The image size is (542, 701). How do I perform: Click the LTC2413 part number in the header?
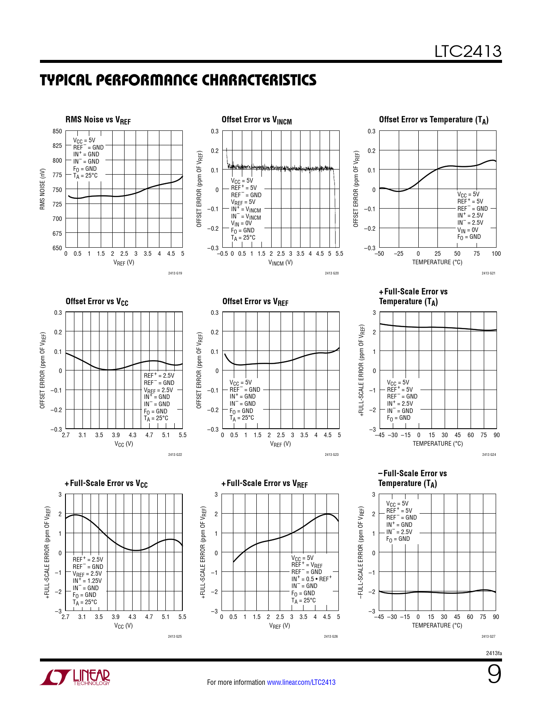point(468,51)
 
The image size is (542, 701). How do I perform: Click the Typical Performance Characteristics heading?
point(178,80)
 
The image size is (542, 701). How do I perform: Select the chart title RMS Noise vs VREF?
point(98,120)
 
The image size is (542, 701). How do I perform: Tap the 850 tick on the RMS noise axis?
point(57,131)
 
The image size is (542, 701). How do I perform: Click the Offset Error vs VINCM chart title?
point(256,120)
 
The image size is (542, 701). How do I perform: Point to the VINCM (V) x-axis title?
point(280,263)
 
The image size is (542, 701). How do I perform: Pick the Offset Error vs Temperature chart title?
point(434,120)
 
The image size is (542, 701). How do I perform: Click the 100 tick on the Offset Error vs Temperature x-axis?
point(496,254)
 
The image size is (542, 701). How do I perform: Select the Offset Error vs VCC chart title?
point(97,302)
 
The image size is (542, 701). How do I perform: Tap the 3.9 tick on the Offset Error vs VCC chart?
point(116,435)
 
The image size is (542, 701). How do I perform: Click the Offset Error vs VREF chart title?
point(255,302)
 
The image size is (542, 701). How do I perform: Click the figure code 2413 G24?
point(489,455)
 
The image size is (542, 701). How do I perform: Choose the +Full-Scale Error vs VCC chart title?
point(106,483)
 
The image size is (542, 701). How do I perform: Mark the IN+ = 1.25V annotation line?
point(87,581)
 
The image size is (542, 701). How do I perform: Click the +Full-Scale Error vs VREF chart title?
point(264,483)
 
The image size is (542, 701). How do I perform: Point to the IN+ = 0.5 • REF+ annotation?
point(311,579)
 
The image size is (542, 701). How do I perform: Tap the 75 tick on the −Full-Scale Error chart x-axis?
point(483,617)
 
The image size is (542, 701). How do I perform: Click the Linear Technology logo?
point(75,677)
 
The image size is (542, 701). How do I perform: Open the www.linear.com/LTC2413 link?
point(301,682)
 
